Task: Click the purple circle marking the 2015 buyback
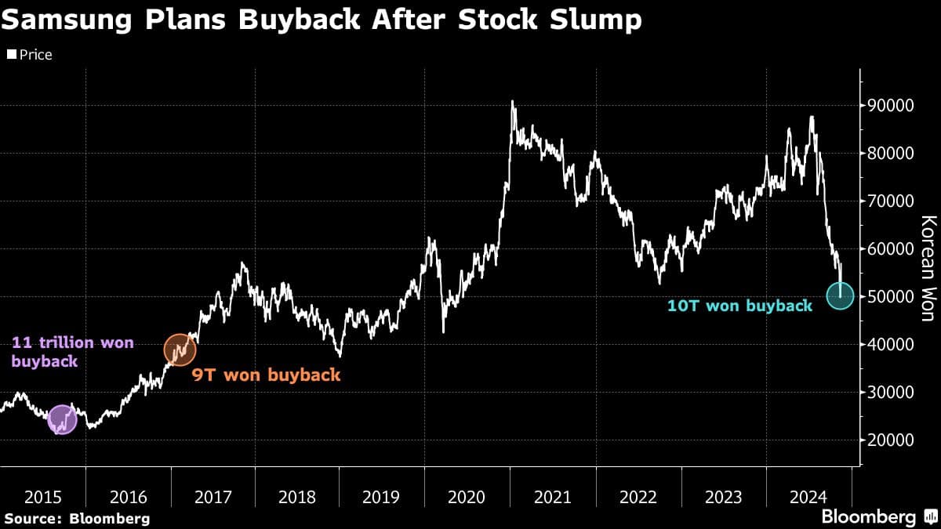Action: pos(62,419)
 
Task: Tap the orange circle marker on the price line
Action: pos(180,350)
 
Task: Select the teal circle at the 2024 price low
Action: pos(840,296)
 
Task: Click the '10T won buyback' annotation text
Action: pos(739,306)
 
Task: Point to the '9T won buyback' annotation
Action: pos(266,375)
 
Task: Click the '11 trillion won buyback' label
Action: pos(73,352)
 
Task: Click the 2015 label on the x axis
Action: pos(43,498)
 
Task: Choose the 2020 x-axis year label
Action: pos(467,498)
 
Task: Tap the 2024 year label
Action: pos(808,498)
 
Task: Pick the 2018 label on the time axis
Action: pos(297,498)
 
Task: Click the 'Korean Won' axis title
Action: pos(928,269)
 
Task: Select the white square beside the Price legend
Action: pos(12,54)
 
